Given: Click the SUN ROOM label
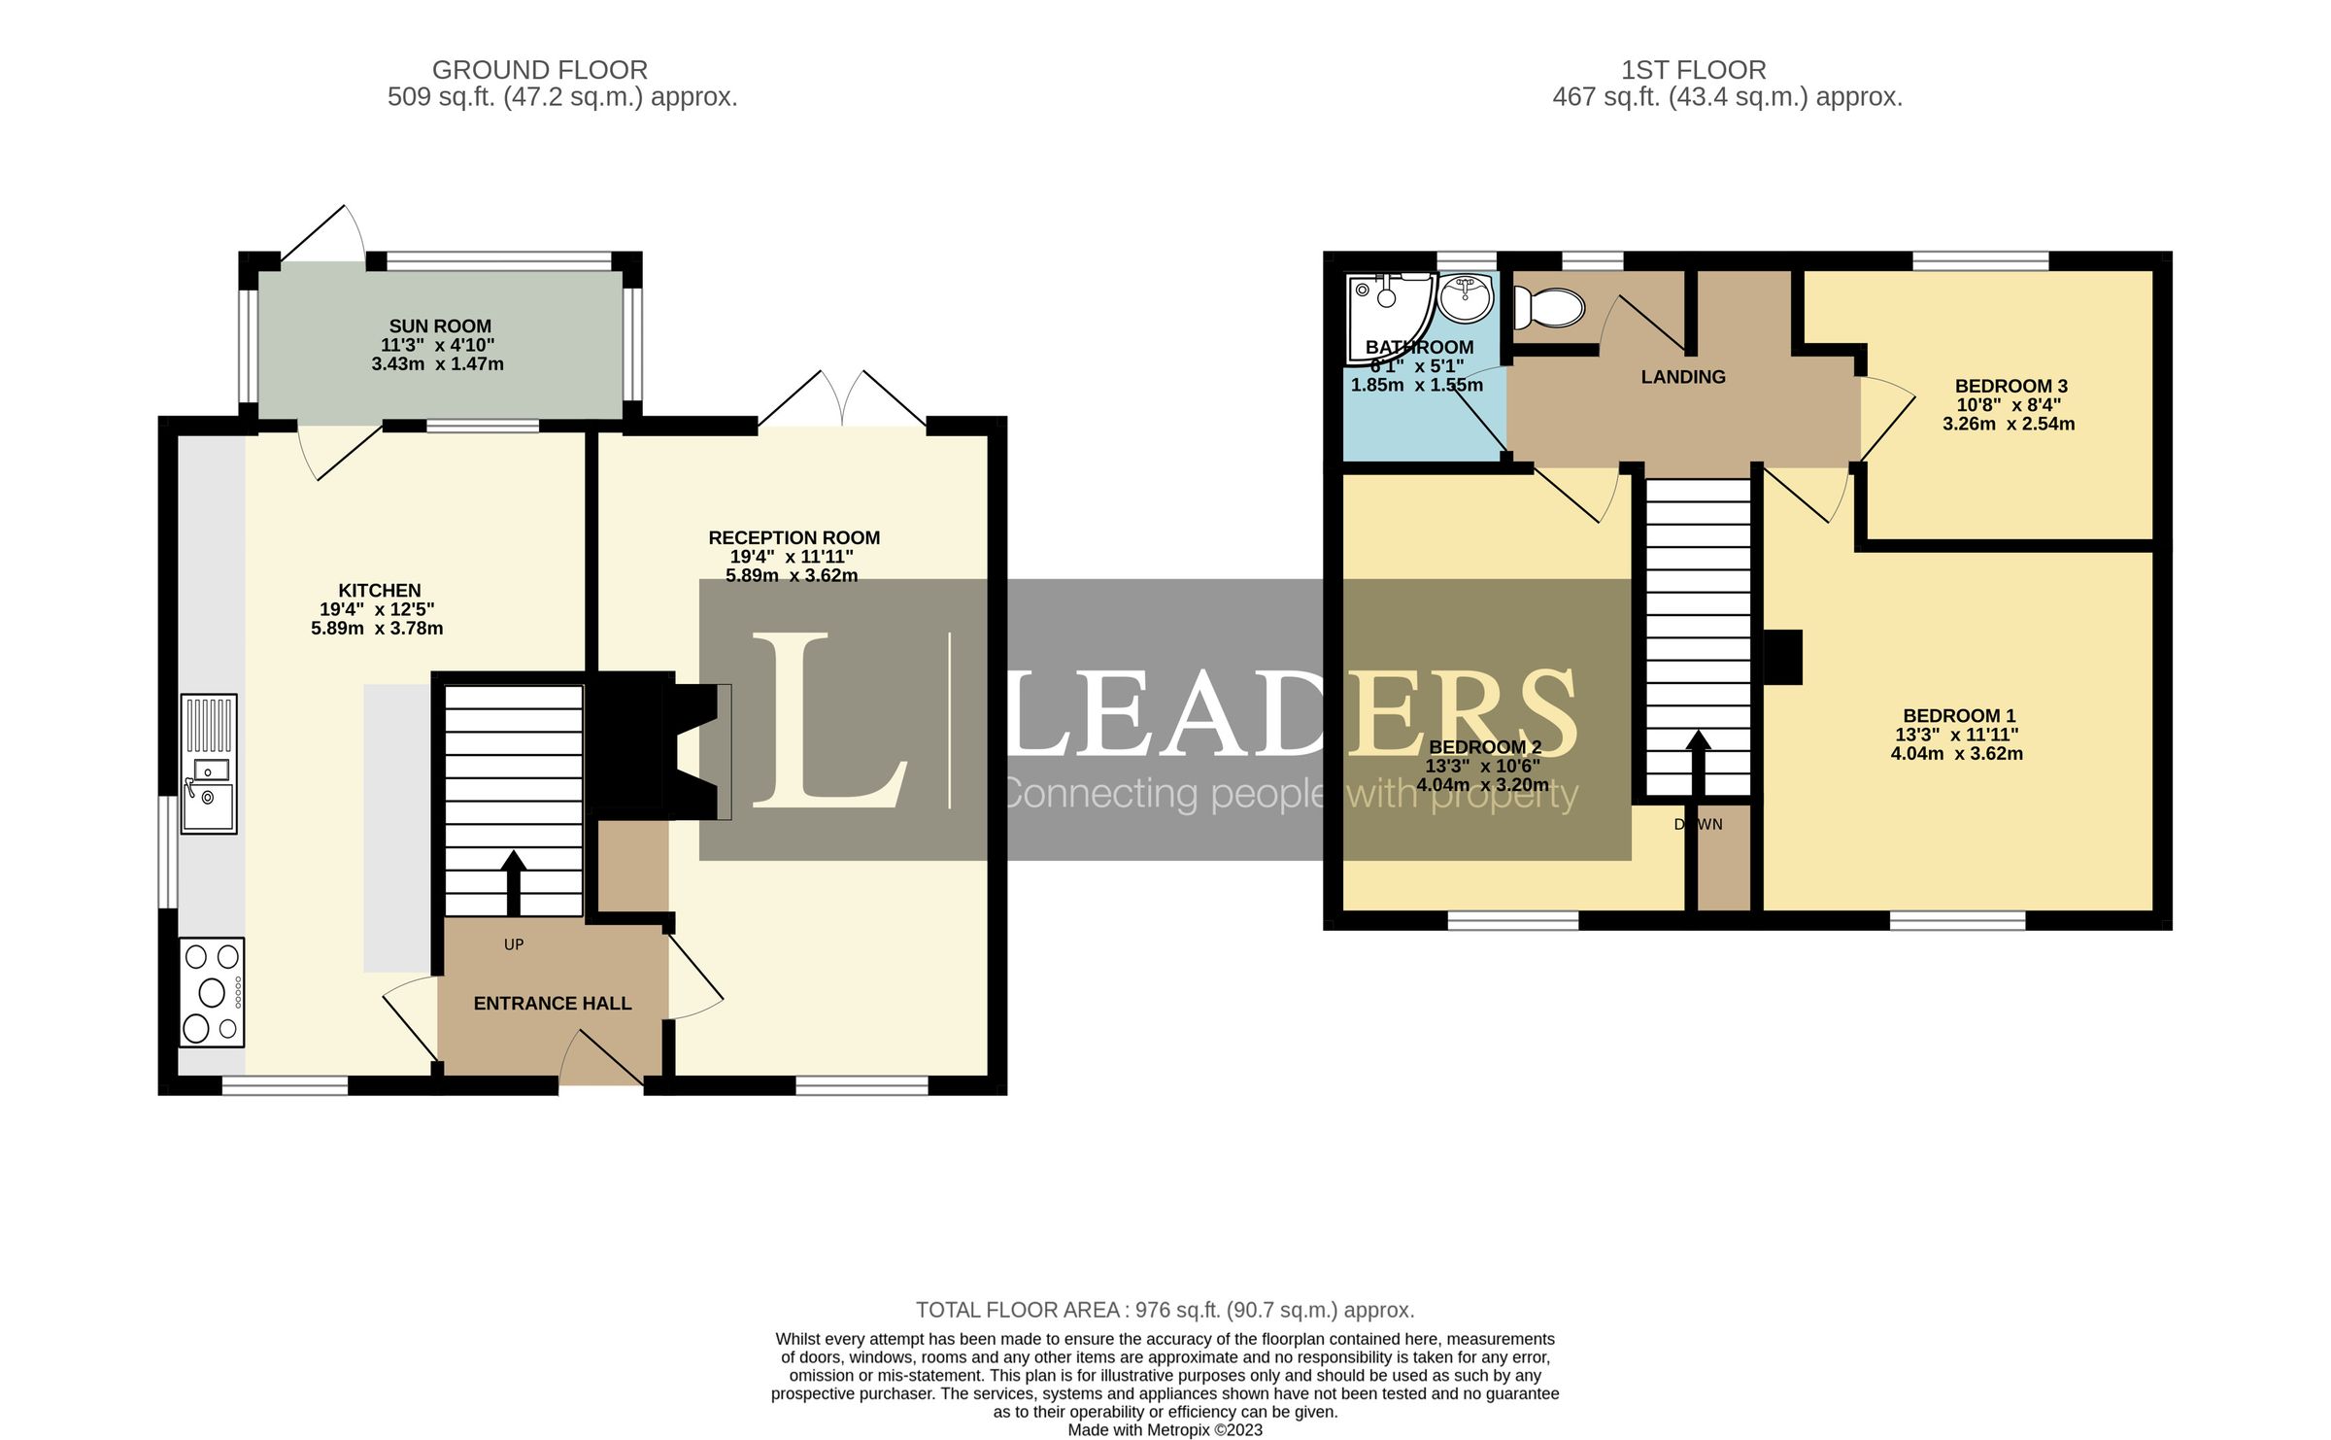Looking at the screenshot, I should [x=440, y=326].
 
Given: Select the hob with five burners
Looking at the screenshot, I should [x=212, y=991].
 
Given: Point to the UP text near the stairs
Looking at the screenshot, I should [x=514, y=944].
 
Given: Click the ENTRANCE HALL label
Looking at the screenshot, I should [x=552, y=1004].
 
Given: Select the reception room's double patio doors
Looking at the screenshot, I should [x=842, y=400].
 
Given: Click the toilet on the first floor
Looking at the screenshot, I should [x=1549, y=307].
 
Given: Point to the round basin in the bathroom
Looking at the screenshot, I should [x=1466, y=298].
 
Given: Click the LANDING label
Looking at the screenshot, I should [x=1683, y=377].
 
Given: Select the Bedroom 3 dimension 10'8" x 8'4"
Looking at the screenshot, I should [x=2009, y=405].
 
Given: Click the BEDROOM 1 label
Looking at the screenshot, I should [x=1959, y=716].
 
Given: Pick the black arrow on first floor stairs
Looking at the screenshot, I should [x=1698, y=763].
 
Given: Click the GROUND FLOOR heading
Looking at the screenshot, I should [x=540, y=70].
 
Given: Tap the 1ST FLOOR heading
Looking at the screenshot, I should [x=1693, y=70].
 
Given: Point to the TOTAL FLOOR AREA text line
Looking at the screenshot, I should [x=1165, y=1310].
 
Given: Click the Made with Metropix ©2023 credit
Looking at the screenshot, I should [x=1165, y=1429].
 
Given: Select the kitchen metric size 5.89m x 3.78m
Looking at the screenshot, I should [x=377, y=629].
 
